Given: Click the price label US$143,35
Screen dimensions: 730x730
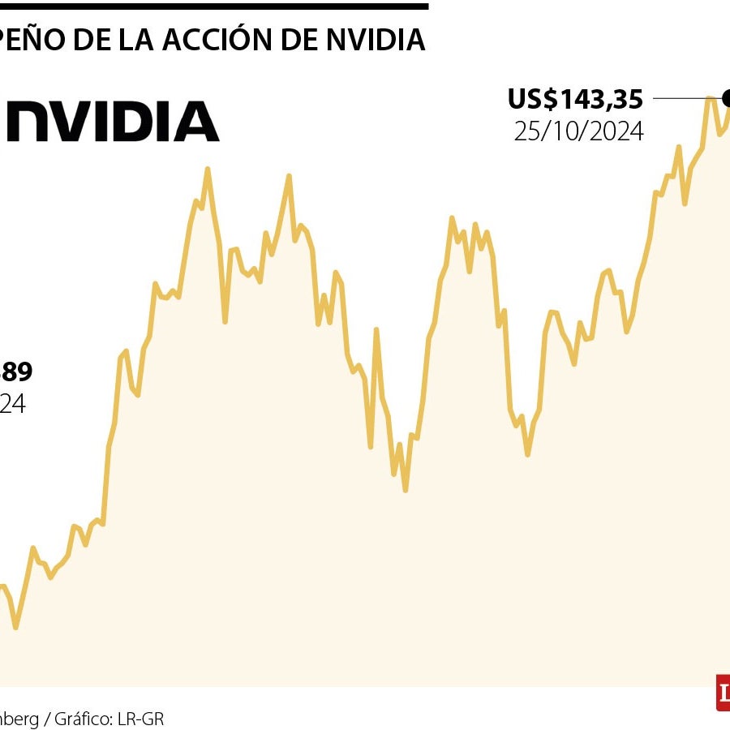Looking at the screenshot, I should pos(575,99).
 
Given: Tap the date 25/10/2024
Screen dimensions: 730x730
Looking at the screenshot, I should pos(578,131).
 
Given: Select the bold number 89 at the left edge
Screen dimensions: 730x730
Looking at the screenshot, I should pos(15,372).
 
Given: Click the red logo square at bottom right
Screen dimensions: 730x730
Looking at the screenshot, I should pos(723,693).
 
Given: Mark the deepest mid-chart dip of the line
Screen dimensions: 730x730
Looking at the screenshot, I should pos(405,490).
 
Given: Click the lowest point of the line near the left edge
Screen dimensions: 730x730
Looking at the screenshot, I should pos(15,627).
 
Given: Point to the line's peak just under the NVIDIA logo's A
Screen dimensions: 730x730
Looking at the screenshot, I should pos(208,169).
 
